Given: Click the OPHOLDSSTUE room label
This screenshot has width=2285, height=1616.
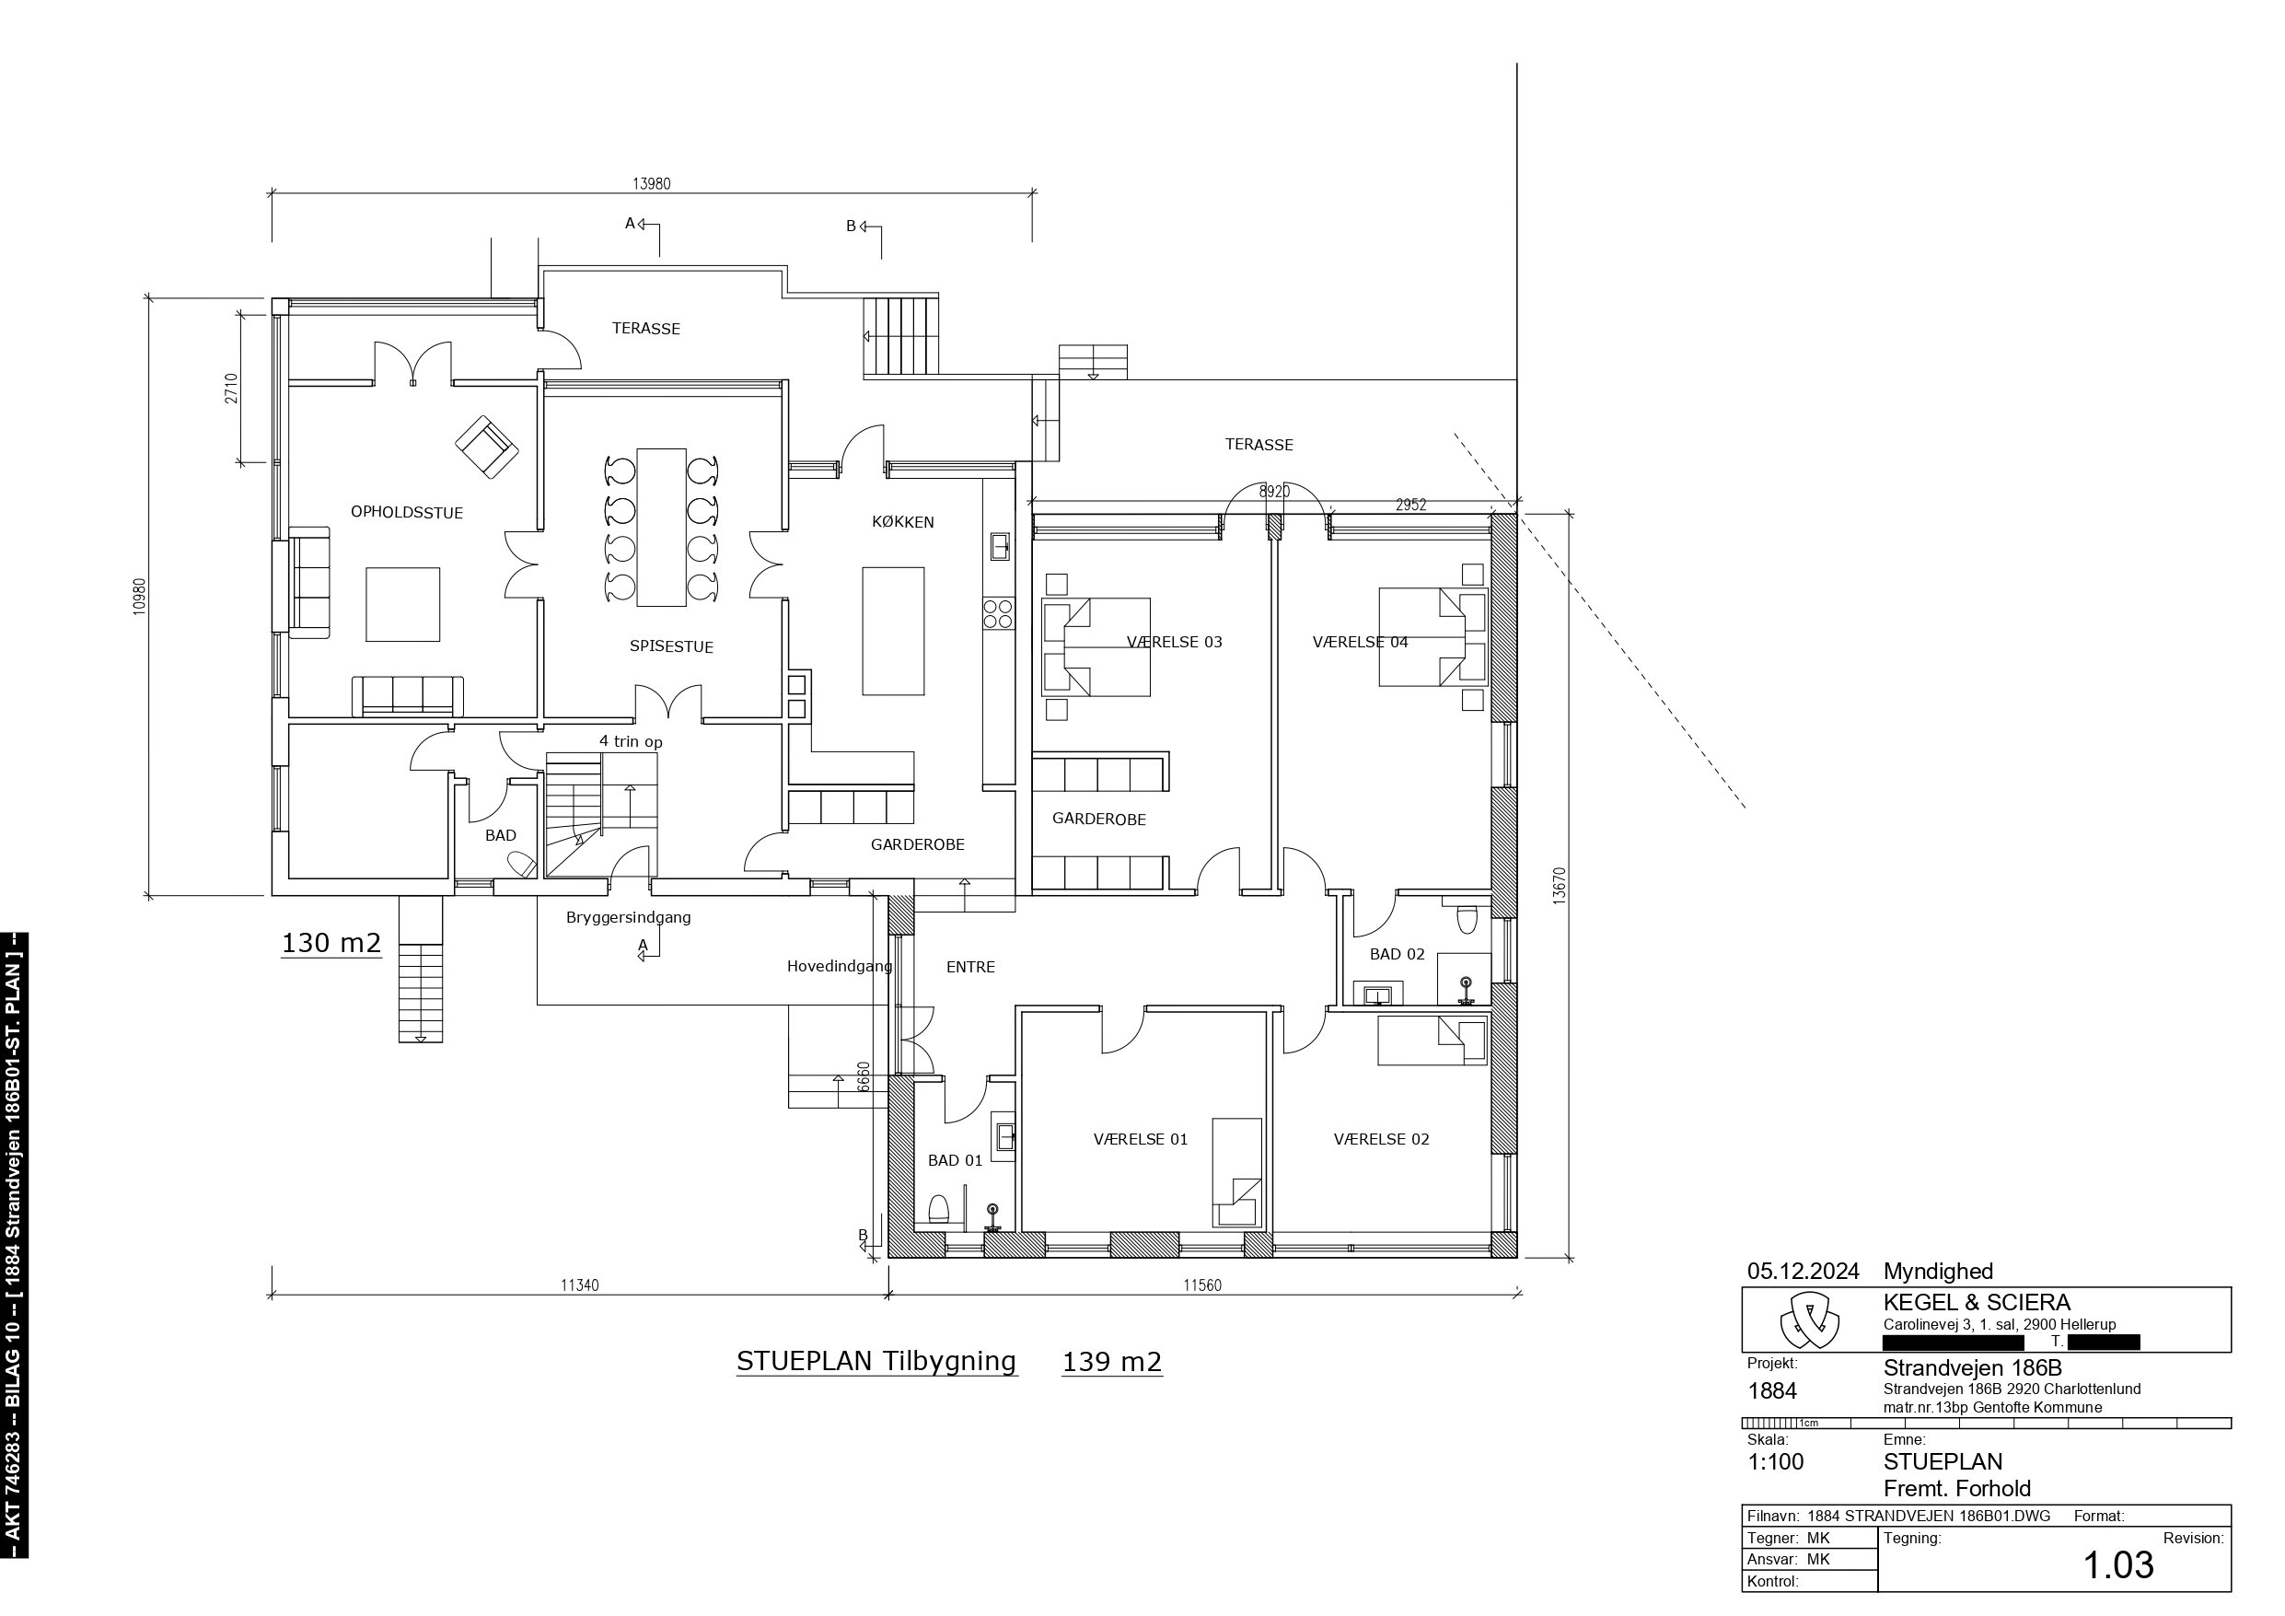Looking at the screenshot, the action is tap(406, 513).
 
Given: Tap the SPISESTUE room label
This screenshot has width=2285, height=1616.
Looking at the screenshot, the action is tap(671, 646).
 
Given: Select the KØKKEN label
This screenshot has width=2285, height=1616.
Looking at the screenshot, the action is tap(902, 522).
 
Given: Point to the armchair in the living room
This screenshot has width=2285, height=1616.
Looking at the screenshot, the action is tap(487, 448).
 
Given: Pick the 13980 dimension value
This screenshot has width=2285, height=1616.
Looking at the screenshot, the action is tap(651, 183).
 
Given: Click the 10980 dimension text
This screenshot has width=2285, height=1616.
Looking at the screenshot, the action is tap(139, 597).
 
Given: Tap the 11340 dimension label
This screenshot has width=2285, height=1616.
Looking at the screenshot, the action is tap(579, 1285).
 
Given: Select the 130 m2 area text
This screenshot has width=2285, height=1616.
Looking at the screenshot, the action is tap(331, 943).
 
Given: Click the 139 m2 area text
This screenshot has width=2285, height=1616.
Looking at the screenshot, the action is tap(1111, 1361).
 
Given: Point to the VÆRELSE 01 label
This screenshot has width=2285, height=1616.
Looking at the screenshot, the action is tap(1141, 1139).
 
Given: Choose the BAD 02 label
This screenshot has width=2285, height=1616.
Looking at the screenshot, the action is tap(1398, 954).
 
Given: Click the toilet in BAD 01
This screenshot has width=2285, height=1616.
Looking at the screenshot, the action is tap(937, 1210).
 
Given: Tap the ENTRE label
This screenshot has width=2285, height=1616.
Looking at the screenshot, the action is tap(970, 967).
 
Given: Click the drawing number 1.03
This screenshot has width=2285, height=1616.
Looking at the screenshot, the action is tap(2117, 1565).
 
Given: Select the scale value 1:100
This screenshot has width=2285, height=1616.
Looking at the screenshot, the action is tap(1776, 1461).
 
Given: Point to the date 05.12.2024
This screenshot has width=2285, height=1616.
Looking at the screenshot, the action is tap(1804, 1272).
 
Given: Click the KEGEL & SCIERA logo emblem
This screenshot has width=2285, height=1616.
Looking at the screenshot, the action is tap(1809, 1320).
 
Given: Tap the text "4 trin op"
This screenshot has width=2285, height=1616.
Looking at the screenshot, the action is tap(631, 742).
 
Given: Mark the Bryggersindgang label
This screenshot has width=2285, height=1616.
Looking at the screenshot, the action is tap(628, 918).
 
